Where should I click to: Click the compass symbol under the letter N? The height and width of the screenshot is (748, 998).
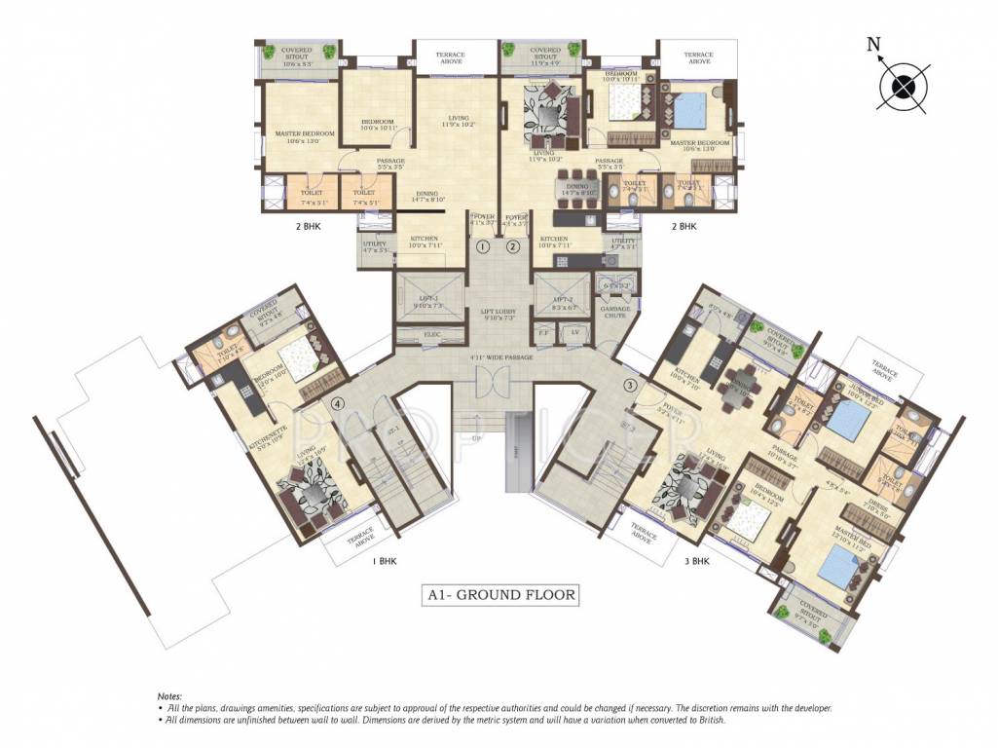(905, 86)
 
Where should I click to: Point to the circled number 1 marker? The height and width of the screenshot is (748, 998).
(483, 247)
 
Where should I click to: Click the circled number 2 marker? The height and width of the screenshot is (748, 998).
(513, 247)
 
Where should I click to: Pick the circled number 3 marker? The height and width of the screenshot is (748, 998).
(631, 383)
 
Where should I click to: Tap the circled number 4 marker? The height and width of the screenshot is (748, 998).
(338, 403)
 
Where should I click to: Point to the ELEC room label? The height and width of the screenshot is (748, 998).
(431, 336)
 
